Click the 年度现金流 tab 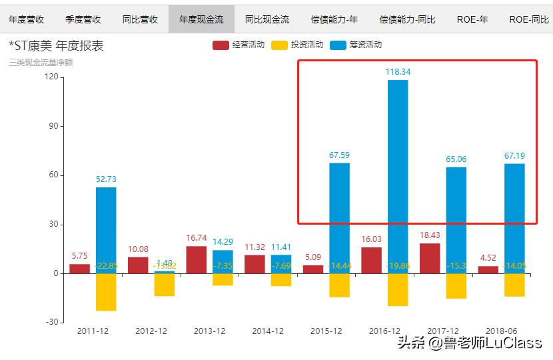(x=201, y=19)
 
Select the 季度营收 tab (x=83, y=19)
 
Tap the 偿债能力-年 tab (x=334, y=19)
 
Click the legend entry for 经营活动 (x=240, y=45)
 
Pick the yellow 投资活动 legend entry (x=298, y=45)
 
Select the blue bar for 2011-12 (x=106, y=230)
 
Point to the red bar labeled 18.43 (x=430, y=258)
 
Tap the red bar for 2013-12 (x=196, y=259)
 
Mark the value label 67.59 (x=339, y=155)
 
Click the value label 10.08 (x=138, y=249)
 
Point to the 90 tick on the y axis (x=54, y=126)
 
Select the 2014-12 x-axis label (x=269, y=331)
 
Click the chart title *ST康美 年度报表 (x=56, y=46)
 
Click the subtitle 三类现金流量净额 (x=41, y=62)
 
